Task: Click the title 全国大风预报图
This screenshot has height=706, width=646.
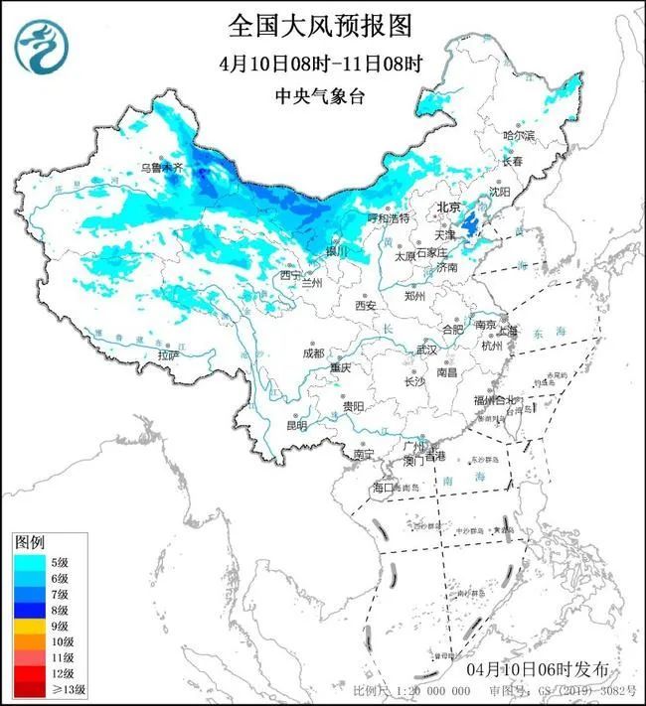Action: pyautogui.click(x=320, y=23)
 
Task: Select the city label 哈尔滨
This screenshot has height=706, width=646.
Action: pyautogui.click(x=518, y=134)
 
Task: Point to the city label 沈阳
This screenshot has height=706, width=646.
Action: pyautogui.click(x=526, y=191)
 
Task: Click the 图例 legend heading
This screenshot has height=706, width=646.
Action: pyautogui.click(x=30, y=543)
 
